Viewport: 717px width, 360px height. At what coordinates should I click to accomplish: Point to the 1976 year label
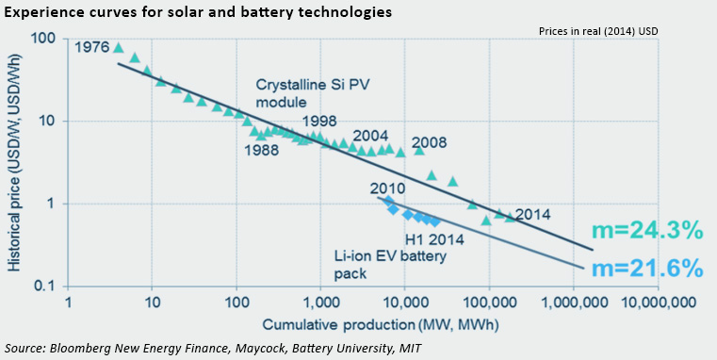click(90, 46)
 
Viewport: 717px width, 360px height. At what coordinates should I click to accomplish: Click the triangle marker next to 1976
click(118, 47)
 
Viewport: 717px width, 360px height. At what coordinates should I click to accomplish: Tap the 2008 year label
click(429, 144)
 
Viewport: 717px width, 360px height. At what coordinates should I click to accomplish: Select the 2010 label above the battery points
click(387, 188)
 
